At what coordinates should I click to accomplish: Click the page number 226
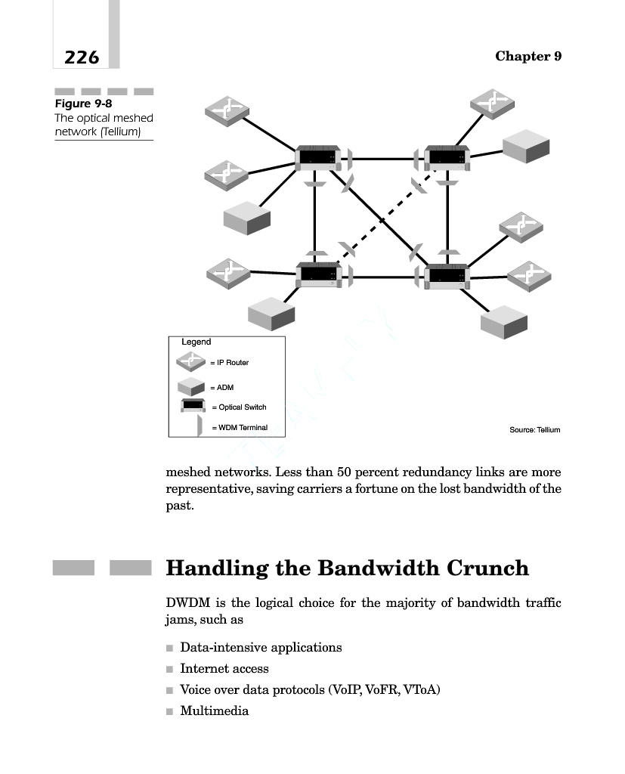[82, 57]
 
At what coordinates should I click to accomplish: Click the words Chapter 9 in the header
[528, 57]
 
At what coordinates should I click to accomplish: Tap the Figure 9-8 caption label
[83, 104]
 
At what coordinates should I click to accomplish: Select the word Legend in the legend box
[196, 342]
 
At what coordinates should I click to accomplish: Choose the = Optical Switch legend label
[239, 407]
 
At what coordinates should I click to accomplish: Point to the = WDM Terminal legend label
[240, 428]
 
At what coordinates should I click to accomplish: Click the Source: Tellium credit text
[534, 430]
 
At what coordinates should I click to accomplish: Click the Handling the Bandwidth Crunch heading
[347, 568]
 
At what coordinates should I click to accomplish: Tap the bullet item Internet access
[224, 669]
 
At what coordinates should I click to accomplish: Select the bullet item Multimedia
[214, 711]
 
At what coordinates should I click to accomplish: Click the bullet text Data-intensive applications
[261, 648]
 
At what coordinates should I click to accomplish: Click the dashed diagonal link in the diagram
[382, 220]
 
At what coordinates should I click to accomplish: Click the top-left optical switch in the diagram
[317, 158]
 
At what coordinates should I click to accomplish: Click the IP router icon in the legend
[193, 361]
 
